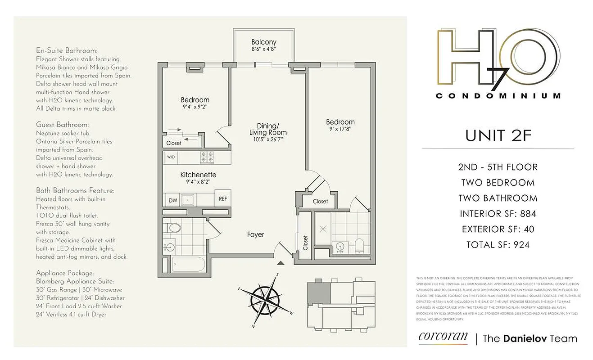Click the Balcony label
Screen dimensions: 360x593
pyautogui.click(x=263, y=42)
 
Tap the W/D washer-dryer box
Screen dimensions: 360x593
pyautogui.click(x=171, y=157)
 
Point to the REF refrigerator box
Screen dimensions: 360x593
pyautogui.click(x=222, y=198)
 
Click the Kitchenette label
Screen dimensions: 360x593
pyautogui.click(x=198, y=175)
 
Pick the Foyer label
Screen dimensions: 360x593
pyautogui.click(x=255, y=234)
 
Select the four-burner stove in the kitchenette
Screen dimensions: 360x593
pyautogui.click(x=207, y=157)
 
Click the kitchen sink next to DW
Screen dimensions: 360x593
pyautogui.click(x=186, y=199)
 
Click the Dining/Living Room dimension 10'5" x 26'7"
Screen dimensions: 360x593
pyautogui.click(x=268, y=140)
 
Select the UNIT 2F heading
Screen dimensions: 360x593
pyautogui.click(x=498, y=135)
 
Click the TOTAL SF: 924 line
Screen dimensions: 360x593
pyautogui.click(x=498, y=245)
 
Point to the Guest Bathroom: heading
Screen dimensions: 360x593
pyautogui.click(x=62, y=125)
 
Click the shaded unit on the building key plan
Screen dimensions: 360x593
pyautogui.click(x=318, y=293)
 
